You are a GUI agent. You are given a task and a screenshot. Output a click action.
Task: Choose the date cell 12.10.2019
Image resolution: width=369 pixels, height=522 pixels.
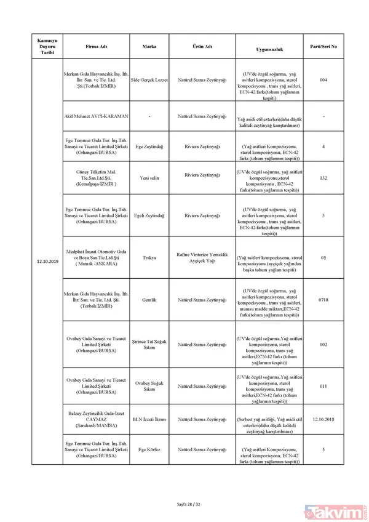coord(47,261)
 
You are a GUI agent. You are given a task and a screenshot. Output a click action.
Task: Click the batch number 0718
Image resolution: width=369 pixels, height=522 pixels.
coord(323,299)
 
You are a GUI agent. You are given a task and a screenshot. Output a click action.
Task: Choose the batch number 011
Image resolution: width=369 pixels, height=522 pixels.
coord(323,386)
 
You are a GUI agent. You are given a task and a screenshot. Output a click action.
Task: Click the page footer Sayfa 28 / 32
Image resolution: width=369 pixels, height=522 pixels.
coord(184,504)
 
